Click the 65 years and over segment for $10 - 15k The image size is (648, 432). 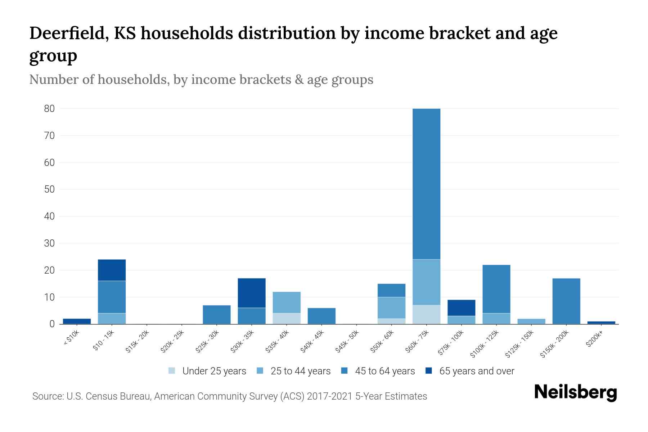[112, 270]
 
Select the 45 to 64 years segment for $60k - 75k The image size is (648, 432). [426, 184]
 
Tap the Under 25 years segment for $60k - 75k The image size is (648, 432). [426, 314]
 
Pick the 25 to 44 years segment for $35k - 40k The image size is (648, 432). [287, 302]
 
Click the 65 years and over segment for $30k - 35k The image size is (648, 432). [252, 293]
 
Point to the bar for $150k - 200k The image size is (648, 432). [566, 301]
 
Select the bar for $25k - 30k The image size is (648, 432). [217, 315]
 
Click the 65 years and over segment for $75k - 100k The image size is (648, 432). [461, 308]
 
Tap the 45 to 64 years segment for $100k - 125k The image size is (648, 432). [496, 289]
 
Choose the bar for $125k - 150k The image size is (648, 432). [531, 321]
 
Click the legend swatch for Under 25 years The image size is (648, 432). [172, 371]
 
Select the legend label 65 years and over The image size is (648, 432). [477, 371]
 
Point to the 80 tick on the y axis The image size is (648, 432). [49, 108]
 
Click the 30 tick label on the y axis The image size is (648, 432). [49, 243]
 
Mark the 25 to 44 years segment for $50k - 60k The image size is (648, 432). [391, 308]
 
